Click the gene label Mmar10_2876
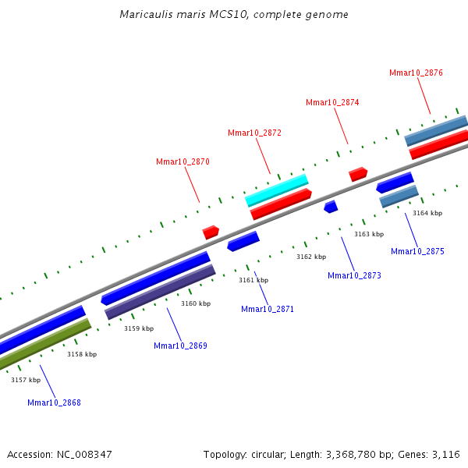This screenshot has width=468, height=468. pyautogui.click(x=416, y=73)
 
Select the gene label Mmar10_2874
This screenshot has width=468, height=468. pyautogui.click(x=332, y=102)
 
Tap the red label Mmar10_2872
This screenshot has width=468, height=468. pyautogui.click(x=254, y=133)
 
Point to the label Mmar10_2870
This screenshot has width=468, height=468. pyautogui.click(x=183, y=161)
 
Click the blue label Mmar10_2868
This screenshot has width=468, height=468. pyautogui.click(x=54, y=402)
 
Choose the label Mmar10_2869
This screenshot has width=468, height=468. pyautogui.click(x=180, y=346)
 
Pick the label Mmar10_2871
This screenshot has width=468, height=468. pyautogui.click(x=268, y=309)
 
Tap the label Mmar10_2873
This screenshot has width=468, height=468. pyautogui.click(x=354, y=275)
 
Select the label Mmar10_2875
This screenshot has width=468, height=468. pyautogui.click(x=417, y=251)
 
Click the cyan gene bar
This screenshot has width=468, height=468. pyautogui.click(x=277, y=190)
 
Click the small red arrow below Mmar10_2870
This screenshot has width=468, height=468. pyautogui.click(x=211, y=232)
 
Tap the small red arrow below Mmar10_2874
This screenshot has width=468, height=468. pyautogui.click(x=358, y=173)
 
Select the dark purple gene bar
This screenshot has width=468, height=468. pyautogui.click(x=160, y=291)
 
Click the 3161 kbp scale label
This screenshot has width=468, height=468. pyautogui.click(x=253, y=280)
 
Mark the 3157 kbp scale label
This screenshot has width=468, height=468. pyautogui.click(x=26, y=380)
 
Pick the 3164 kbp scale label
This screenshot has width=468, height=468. pyautogui.click(x=427, y=213)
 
